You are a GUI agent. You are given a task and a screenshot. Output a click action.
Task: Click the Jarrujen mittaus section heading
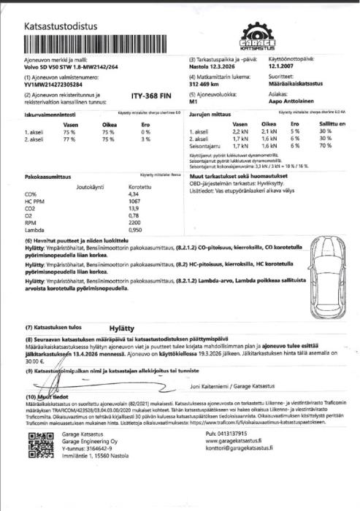pos(210,115)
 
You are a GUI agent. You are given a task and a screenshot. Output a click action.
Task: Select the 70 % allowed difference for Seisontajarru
pos(325,147)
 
